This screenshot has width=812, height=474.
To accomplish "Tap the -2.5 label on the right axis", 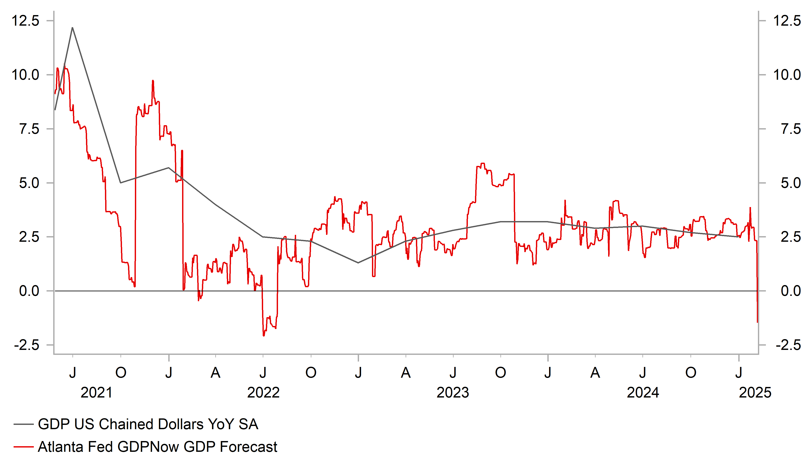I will (x=788, y=345).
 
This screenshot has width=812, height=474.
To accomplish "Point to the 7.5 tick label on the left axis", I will (x=29, y=129).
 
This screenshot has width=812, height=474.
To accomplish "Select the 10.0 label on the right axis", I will (x=787, y=75).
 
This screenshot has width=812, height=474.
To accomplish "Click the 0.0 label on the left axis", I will (x=29, y=291).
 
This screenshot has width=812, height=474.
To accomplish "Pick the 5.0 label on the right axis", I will (x=791, y=183).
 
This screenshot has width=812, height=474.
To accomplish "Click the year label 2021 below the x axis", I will (x=96, y=393).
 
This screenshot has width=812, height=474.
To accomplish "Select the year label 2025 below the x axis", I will (x=755, y=393).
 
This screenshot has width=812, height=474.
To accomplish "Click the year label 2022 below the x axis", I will (x=263, y=393).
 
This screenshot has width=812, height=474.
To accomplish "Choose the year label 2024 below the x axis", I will (x=643, y=393).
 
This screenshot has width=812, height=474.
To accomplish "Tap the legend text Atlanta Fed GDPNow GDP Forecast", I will (x=157, y=447).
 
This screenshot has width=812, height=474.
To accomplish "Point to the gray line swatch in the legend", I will (x=23, y=425).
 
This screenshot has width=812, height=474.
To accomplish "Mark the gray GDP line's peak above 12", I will (x=72, y=28).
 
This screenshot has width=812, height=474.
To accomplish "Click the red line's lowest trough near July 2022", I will (x=264, y=336).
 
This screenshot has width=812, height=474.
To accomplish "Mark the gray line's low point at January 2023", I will (x=358, y=263).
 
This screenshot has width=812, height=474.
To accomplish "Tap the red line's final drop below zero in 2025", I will (x=757, y=322).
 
